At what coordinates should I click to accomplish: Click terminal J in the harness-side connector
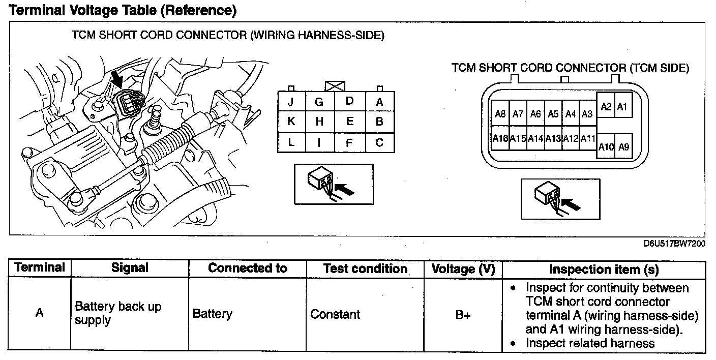tap(291, 102)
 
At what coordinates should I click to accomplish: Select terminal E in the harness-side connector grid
tap(350, 122)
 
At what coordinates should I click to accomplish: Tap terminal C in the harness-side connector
tap(380, 142)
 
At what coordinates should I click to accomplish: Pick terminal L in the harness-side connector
tap(291, 142)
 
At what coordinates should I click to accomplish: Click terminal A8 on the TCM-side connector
tap(500, 113)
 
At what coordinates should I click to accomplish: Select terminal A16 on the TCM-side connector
tap(500, 138)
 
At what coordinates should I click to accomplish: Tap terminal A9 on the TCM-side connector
tap(623, 147)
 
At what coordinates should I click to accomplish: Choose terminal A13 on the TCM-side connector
tap(553, 138)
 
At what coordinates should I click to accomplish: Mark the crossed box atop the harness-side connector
tap(335, 86)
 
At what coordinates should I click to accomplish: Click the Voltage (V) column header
tap(463, 269)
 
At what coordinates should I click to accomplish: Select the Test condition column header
tap(365, 269)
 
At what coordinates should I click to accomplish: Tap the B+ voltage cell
tap(463, 315)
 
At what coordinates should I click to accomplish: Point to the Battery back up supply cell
tap(118, 313)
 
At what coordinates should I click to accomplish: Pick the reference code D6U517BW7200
tap(674, 244)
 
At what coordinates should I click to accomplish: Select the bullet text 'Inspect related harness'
tap(590, 343)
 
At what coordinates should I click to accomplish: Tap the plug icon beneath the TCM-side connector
tap(560, 199)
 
